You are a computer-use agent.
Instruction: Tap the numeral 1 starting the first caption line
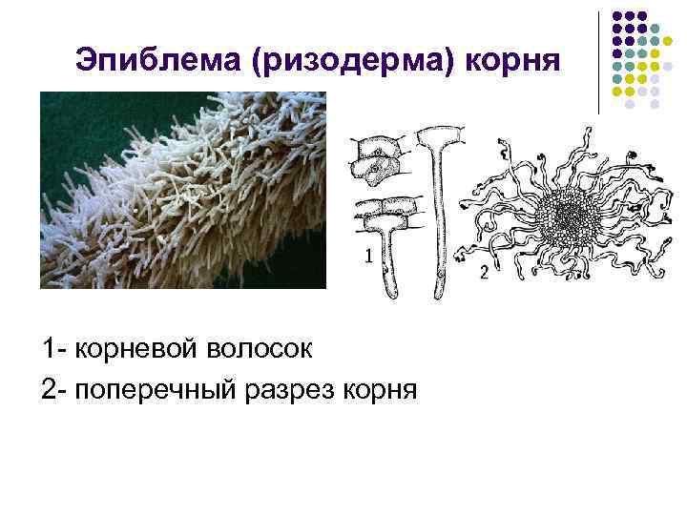pyautogui.click(x=49, y=349)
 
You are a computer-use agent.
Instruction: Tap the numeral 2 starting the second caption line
pyautogui.click(x=49, y=390)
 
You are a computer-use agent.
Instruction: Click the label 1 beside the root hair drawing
pyautogui.click(x=365, y=256)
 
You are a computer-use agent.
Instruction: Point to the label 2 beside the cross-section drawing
pyautogui.click(x=484, y=274)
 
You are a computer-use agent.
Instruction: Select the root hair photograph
pyautogui.click(x=182, y=190)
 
